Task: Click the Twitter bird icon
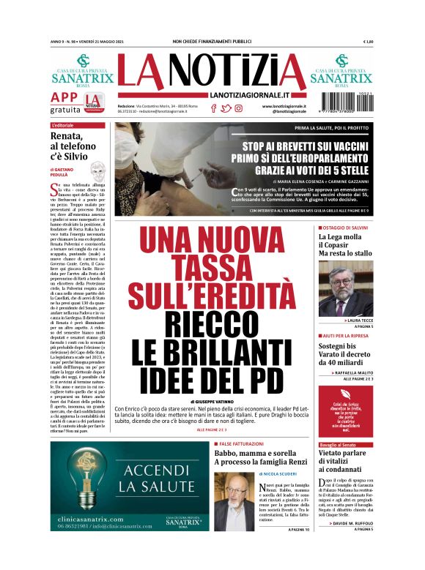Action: (226, 108)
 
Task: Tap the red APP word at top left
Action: (64, 98)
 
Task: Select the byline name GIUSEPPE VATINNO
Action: (214, 402)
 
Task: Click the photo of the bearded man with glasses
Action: (345, 289)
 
